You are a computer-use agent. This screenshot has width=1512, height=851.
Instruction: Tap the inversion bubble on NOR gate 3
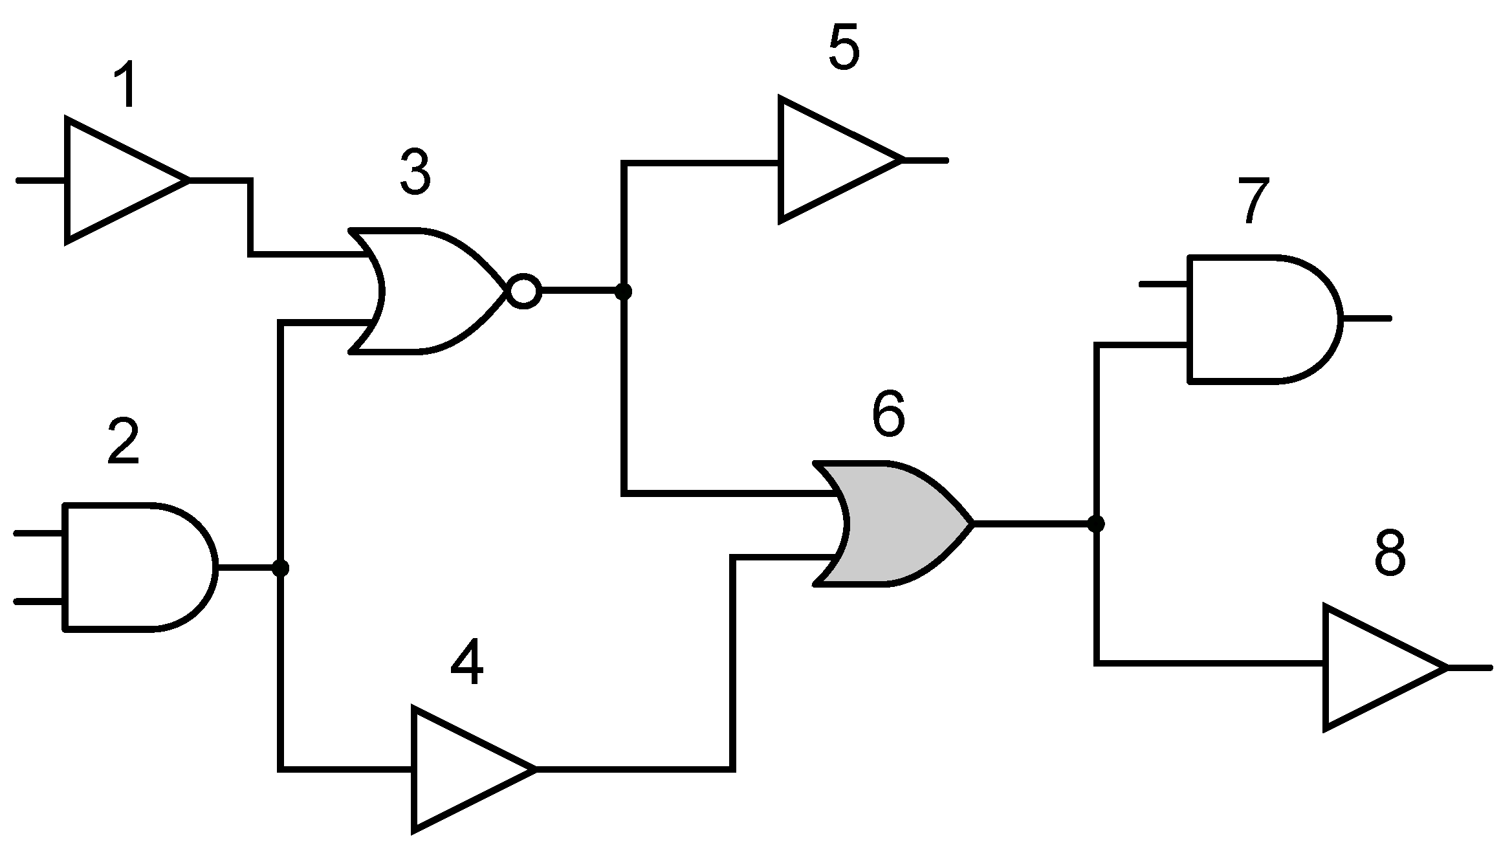coord(523,292)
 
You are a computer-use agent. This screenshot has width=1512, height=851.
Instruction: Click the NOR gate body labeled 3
coord(427,291)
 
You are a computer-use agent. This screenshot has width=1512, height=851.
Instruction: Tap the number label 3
coord(415,171)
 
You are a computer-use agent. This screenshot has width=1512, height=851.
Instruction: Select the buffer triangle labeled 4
coord(463,769)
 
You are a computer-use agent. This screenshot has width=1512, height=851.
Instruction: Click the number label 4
coord(466,662)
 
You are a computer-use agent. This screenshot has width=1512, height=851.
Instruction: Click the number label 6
coord(888,415)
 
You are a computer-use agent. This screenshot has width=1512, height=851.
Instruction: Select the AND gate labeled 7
coord(1255,318)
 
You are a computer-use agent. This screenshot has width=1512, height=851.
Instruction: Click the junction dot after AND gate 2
coord(280,568)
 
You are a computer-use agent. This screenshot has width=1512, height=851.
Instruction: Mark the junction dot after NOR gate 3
coord(623,292)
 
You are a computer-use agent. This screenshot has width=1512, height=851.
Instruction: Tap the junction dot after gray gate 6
coord(1095,524)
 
